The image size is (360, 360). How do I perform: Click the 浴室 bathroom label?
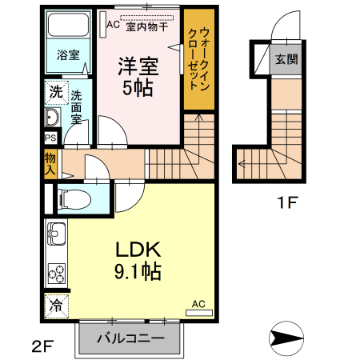68,55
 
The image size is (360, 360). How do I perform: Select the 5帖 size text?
138,88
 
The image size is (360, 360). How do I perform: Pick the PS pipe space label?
50,138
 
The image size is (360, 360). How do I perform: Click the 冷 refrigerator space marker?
56,305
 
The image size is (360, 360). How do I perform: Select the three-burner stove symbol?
57,272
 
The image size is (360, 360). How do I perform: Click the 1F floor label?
286,201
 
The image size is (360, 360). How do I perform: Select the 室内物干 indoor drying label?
146,25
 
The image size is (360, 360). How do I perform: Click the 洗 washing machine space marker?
54,91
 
